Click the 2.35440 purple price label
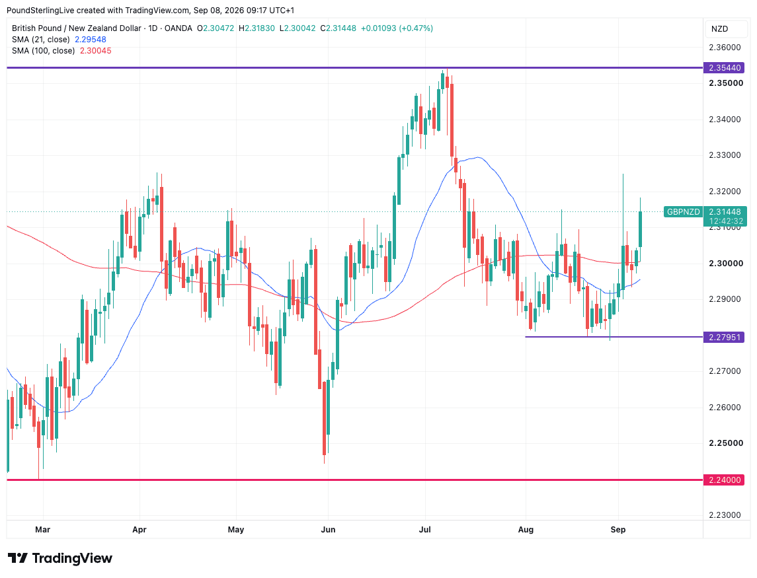tap(724, 68)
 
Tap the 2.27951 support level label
tap(724, 337)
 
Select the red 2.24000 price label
tap(724, 480)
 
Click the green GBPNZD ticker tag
tap(683, 212)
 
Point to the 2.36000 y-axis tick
tap(725, 48)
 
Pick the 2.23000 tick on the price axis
tap(725, 515)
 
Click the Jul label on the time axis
tap(425, 529)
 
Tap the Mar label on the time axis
tap(42, 529)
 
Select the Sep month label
tap(618, 529)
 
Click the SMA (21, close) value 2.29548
tap(91, 40)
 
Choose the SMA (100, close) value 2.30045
tap(96, 51)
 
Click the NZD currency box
tap(719, 29)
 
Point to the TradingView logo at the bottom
tap(60, 558)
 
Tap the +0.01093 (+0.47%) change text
tap(397, 28)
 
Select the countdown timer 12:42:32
tap(726, 221)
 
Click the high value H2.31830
tap(257, 28)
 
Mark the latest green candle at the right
tap(640, 229)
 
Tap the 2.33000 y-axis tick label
tap(725, 155)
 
